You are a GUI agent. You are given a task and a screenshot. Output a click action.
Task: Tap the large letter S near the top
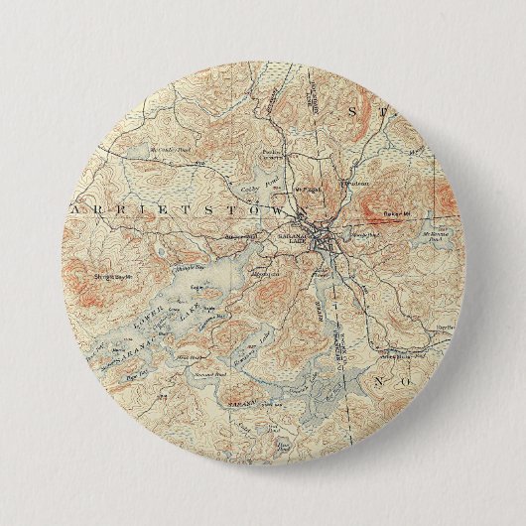(x=352, y=115)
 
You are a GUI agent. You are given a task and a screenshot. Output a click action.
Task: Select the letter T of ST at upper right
(x=387, y=117)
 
